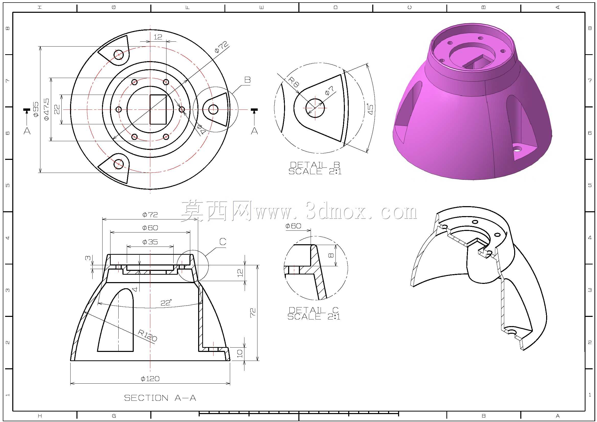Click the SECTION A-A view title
[160, 398]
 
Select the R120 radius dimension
[148, 336]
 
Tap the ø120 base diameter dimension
[150, 379]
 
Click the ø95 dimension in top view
[36, 109]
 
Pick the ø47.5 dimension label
[47, 109]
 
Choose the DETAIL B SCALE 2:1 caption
[315, 168]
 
